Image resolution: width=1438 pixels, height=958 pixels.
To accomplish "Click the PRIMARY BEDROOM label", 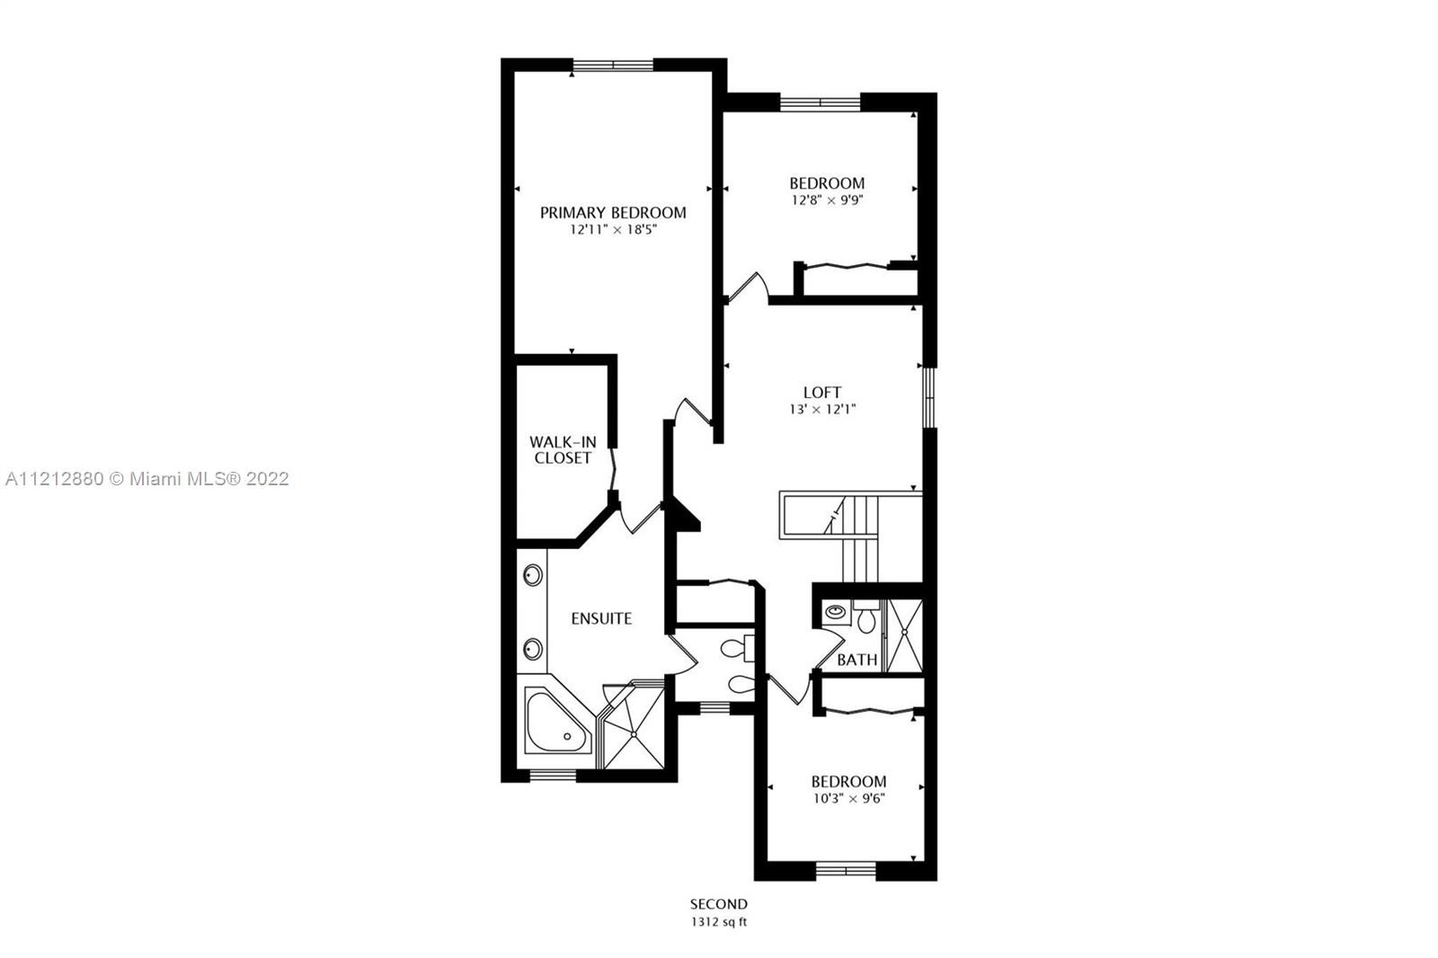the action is tap(612, 212).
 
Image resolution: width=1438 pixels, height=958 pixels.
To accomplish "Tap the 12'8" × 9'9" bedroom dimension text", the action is tap(827, 200).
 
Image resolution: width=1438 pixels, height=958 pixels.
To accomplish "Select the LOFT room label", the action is tap(822, 393).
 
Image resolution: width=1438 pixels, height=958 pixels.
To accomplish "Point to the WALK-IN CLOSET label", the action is tap(563, 449).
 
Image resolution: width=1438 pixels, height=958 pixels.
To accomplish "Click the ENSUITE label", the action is tap(601, 618).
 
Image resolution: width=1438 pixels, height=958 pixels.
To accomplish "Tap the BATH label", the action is tap(857, 660).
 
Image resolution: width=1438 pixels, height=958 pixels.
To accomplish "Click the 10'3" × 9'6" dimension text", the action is tap(848, 798).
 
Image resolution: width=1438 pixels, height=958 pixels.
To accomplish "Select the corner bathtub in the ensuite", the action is tap(557, 721).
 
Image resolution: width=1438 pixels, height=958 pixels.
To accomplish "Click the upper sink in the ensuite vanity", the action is tap(533, 574).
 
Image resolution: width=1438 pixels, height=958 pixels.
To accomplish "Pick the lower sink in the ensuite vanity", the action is tap(533, 649).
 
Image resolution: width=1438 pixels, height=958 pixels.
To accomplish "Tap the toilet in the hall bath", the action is tap(866, 616).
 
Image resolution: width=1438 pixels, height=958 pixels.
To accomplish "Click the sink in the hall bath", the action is tap(836, 612).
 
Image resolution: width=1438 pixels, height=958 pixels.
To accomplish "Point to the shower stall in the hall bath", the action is tap(904, 635).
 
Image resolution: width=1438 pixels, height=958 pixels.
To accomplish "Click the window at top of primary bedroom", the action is tap(613, 65).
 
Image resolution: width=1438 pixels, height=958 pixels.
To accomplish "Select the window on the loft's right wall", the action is tap(929, 397).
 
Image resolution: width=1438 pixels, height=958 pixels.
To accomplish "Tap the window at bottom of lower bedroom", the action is tap(846, 870).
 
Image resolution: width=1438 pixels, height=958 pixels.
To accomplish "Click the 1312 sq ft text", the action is tap(719, 922).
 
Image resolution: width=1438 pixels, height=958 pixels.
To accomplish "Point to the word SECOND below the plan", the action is tap(719, 904).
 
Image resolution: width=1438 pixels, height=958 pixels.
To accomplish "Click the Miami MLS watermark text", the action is tap(147, 478).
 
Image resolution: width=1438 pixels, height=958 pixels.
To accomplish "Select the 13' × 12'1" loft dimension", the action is tap(822, 409).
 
